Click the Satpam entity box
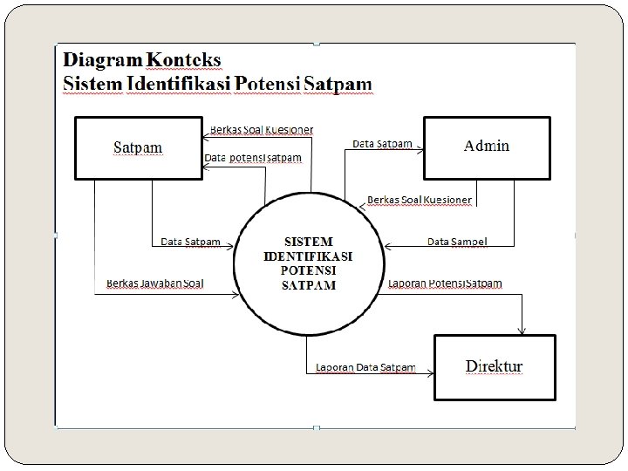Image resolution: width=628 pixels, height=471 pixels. pyautogui.click(x=137, y=147)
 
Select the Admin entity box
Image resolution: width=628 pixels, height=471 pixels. pyautogui.click(x=487, y=147)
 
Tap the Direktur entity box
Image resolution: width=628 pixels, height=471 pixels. pyautogui.click(x=494, y=366)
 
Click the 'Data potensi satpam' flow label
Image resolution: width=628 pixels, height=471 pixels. pyautogui.click(x=254, y=158)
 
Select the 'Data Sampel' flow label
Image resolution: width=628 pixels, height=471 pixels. pyautogui.click(x=456, y=241)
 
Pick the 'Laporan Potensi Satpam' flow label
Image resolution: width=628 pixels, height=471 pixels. pyautogui.click(x=445, y=283)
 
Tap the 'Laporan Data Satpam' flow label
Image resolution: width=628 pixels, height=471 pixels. pyautogui.click(x=365, y=367)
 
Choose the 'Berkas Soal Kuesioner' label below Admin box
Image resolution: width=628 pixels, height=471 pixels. pyautogui.click(x=419, y=200)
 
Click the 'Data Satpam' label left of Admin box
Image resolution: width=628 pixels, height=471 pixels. pyautogui.click(x=382, y=143)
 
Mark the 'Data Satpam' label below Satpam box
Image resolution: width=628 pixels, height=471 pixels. pyautogui.click(x=190, y=242)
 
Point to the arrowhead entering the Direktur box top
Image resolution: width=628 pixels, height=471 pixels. pyautogui.click(x=522, y=329)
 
